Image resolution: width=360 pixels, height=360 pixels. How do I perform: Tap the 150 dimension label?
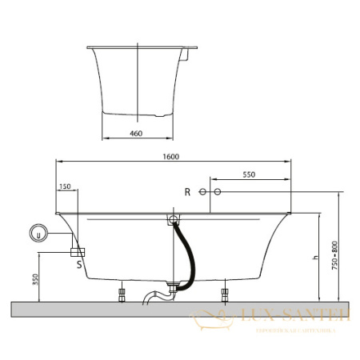click(x=66, y=186)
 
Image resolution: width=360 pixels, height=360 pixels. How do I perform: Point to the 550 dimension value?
click(x=248, y=174)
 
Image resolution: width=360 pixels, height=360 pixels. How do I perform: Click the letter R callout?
click(x=187, y=192)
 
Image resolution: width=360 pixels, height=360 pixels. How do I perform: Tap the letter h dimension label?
click(x=316, y=258)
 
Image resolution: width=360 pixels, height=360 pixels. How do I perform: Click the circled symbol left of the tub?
click(x=36, y=234)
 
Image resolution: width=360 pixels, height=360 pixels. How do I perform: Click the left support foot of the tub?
click(x=122, y=293)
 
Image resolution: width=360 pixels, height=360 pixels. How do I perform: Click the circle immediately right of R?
click(x=202, y=193)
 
